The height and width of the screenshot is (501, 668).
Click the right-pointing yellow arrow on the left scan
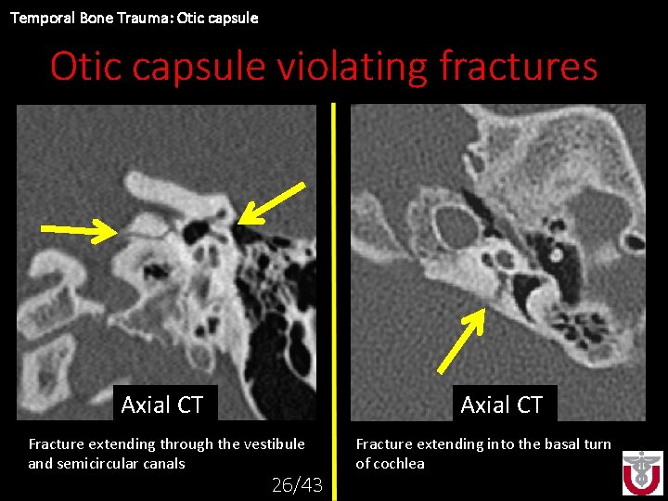(x=79, y=229)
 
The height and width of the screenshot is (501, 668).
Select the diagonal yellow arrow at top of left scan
(x=271, y=202)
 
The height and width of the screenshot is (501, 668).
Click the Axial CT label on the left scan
(x=161, y=405)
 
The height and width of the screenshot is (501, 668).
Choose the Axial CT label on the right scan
(x=501, y=405)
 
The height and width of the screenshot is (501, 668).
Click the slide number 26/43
(x=296, y=484)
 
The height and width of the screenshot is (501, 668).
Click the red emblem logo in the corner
(x=642, y=473)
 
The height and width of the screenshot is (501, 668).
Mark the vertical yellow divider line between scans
(x=334, y=278)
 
